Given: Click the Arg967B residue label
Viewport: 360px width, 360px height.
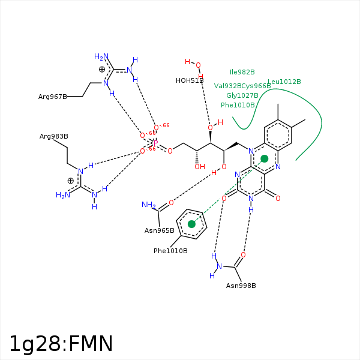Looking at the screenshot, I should coord(53,97).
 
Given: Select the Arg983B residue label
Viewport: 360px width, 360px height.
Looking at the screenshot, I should coord(54,136).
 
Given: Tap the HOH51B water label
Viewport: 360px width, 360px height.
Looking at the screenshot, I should coord(190,80).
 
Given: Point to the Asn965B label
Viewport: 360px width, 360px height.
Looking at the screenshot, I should coord(160,230).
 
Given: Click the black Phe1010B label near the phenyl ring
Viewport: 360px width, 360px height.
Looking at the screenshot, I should coord(170,251).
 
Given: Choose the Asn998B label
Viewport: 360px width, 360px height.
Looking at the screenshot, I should coord(241,285).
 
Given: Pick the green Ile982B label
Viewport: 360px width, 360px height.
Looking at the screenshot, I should coord(242,72).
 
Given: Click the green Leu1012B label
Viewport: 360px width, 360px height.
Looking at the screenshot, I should coord(284,82).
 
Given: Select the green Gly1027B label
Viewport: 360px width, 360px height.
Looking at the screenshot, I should coord(242,95).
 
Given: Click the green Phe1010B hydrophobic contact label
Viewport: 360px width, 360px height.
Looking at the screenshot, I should coord(238,105).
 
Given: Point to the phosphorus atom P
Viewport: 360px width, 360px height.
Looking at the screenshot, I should coord(155,143).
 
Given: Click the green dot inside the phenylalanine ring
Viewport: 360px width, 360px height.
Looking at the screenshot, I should coord(191,224).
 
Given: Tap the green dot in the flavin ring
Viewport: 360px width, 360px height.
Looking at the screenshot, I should coord(265,158).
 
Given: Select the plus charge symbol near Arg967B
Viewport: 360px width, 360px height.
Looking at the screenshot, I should coord(102,70).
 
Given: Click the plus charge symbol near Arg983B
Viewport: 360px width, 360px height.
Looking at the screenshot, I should coord(70,181).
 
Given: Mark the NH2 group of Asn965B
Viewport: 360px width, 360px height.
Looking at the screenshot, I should coord(148,205).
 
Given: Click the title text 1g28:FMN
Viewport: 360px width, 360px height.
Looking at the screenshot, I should coord(61,344).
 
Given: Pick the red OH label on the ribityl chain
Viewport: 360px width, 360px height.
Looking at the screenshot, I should coord(199,167).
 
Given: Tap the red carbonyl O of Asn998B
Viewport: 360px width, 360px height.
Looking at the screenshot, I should coord(243,255).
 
